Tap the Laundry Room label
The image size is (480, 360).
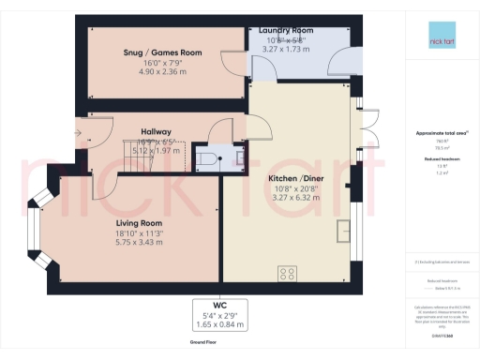point(279,31)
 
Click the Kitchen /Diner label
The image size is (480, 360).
point(282,177)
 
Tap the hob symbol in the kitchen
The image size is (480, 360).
point(287,273)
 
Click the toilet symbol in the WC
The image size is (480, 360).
point(208,157)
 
